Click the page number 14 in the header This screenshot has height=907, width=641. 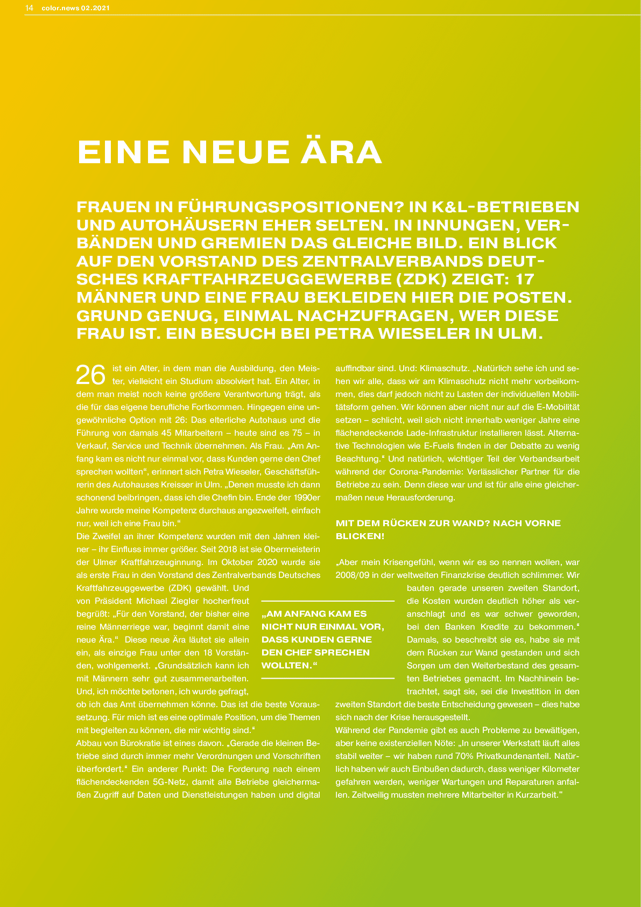[30, 8]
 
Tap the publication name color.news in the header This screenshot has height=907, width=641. [60, 8]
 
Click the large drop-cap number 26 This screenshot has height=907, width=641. [90, 375]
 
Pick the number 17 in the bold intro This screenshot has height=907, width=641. [525, 279]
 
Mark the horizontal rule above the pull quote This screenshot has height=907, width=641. [328, 601]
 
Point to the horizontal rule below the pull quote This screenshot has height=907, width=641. [328, 678]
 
